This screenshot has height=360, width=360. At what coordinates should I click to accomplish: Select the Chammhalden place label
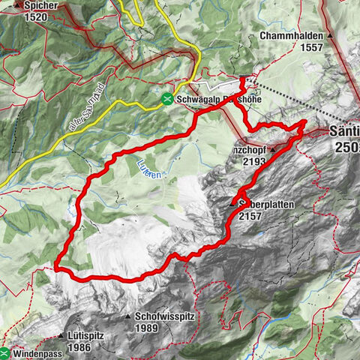pos(291,35)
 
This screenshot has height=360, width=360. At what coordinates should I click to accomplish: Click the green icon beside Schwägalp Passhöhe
pos(169,98)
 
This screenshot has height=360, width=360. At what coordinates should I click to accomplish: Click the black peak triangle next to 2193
pos(273,148)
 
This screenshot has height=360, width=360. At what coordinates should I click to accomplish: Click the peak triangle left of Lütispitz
pos(58,334)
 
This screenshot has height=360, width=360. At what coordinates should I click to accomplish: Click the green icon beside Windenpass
pos(5,352)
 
